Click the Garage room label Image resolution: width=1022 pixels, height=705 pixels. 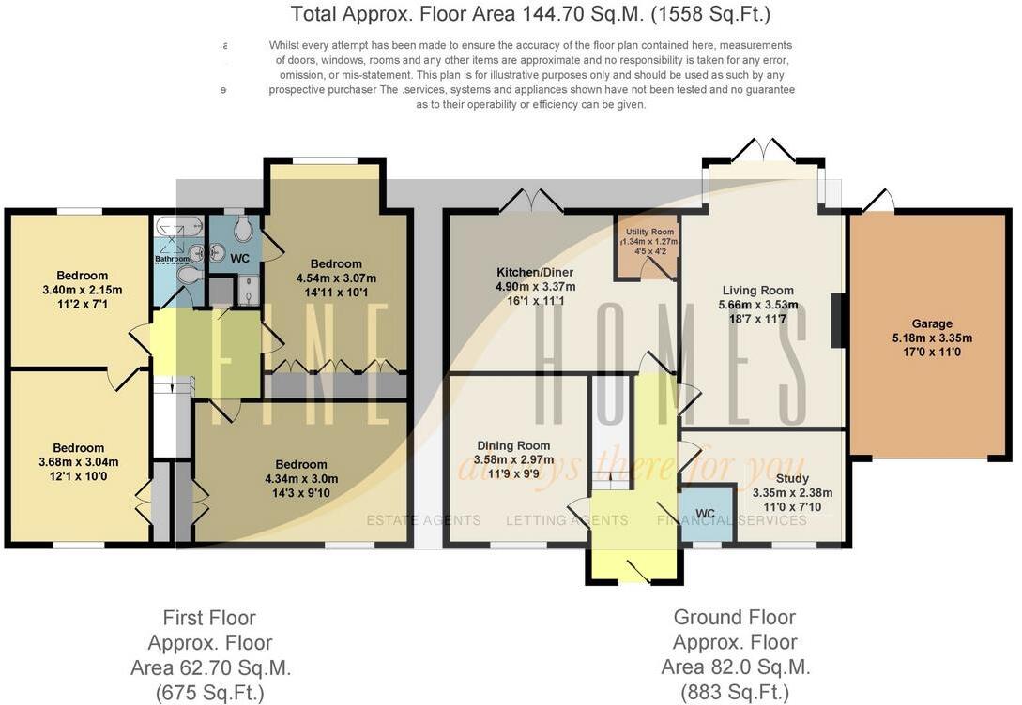pyautogui.click(x=932, y=323)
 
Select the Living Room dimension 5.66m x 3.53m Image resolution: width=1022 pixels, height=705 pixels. pyautogui.click(x=759, y=305)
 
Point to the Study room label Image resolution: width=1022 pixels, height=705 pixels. pyautogui.click(x=765, y=478)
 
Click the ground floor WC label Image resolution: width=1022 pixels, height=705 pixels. pyautogui.click(x=706, y=513)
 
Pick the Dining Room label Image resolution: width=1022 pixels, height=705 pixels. pyautogui.click(x=513, y=445)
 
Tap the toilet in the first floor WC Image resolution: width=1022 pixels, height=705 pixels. pyautogui.click(x=243, y=229)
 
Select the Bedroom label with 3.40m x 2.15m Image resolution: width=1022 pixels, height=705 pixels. pyautogui.click(x=82, y=276)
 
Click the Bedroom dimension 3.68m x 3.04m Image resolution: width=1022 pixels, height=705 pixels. pyautogui.click(x=79, y=462)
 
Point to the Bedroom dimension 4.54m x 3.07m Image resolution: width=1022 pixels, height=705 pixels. pyautogui.click(x=336, y=278)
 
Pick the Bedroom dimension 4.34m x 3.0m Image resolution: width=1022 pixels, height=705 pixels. pyautogui.click(x=301, y=479)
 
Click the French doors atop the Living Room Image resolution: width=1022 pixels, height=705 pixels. pyautogui.click(x=763, y=150)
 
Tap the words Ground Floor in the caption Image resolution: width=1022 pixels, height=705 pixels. pyautogui.click(x=734, y=618)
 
